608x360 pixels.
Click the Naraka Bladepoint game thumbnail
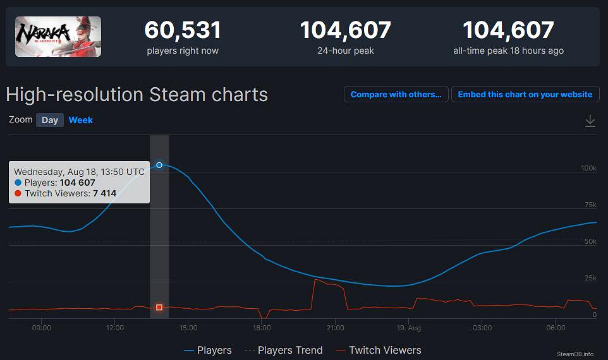pyautogui.click(x=58, y=37)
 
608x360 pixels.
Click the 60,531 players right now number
pyautogui.click(x=183, y=30)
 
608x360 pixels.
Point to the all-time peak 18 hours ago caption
pyautogui.click(x=508, y=51)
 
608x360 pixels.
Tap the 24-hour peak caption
pyautogui.click(x=345, y=51)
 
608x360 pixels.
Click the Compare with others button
pyautogui.click(x=396, y=95)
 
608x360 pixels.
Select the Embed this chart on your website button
pyautogui.click(x=525, y=95)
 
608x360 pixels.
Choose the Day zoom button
pyautogui.click(x=50, y=120)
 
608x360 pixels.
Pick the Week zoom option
pyautogui.click(x=81, y=120)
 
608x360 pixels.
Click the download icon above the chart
pyautogui.click(x=590, y=121)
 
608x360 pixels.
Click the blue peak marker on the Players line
pyautogui.click(x=159, y=165)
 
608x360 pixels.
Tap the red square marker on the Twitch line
pyautogui.click(x=159, y=308)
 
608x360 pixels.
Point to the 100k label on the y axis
pyautogui.click(x=588, y=168)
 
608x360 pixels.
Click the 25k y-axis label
pyautogui.click(x=590, y=278)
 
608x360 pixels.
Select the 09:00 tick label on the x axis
pyautogui.click(x=41, y=328)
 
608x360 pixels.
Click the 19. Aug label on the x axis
pyautogui.click(x=409, y=328)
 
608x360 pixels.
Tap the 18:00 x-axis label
pyautogui.click(x=262, y=328)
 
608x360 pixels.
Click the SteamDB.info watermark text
pyautogui.click(x=575, y=354)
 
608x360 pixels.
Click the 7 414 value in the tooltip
pyautogui.click(x=104, y=193)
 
